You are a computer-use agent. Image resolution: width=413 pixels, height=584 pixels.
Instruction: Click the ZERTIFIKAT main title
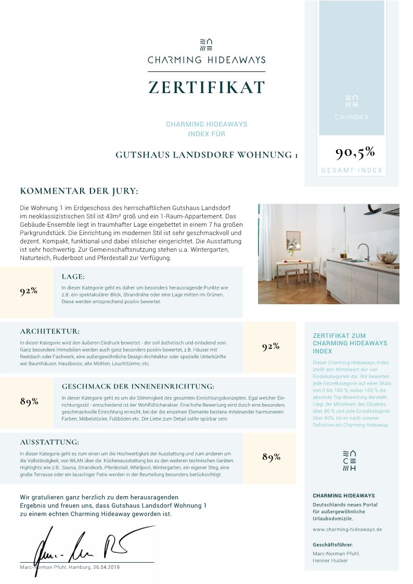tap(206, 87)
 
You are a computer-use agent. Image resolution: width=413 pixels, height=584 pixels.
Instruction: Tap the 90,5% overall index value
tap(355, 152)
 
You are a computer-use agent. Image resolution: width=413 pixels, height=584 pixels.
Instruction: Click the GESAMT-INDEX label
tap(352, 170)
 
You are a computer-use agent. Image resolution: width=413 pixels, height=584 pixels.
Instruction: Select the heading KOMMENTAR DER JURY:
tap(79, 191)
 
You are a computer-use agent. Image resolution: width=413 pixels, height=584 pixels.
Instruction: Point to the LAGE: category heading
tap(73, 277)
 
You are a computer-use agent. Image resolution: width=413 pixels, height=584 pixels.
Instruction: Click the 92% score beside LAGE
tap(29, 291)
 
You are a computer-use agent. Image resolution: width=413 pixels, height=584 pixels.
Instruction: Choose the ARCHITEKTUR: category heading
tap(50, 331)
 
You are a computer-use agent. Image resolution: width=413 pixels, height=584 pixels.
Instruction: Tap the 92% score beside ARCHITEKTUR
tap(271, 346)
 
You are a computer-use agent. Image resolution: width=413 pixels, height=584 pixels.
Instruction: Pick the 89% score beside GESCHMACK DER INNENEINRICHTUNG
tap(29, 401)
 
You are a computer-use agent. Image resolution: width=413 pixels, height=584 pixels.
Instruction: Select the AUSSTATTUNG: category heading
tap(49, 442)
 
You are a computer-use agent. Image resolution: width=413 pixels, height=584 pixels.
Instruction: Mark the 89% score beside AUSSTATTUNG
tap(271, 457)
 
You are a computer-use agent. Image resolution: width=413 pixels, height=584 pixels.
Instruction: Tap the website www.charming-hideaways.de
tap(347, 529)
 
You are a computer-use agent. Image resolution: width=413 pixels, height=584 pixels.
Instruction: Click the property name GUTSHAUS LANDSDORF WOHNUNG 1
tap(206, 155)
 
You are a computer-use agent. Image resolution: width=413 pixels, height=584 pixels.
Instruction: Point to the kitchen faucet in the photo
tap(365, 251)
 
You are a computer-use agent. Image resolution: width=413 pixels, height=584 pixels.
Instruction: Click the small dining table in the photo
tap(293, 265)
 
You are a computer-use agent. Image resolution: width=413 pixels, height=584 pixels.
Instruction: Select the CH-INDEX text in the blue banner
tap(352, 117)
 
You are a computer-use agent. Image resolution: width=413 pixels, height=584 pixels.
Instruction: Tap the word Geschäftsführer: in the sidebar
tap(333, 544)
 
